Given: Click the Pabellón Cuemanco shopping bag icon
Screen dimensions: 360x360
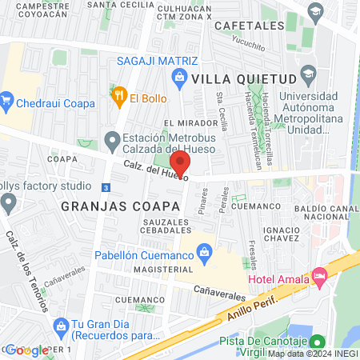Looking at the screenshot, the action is (206, 252).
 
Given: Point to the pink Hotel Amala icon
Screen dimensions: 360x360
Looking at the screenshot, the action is (319, 278).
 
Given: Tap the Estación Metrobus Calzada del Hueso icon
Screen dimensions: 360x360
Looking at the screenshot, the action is (112, 142).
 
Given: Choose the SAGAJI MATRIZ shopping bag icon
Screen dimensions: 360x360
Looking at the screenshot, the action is (180, 77).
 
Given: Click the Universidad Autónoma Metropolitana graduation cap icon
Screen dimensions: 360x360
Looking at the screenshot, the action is (308, 77).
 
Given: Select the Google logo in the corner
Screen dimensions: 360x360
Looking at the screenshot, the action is (27, 350).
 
